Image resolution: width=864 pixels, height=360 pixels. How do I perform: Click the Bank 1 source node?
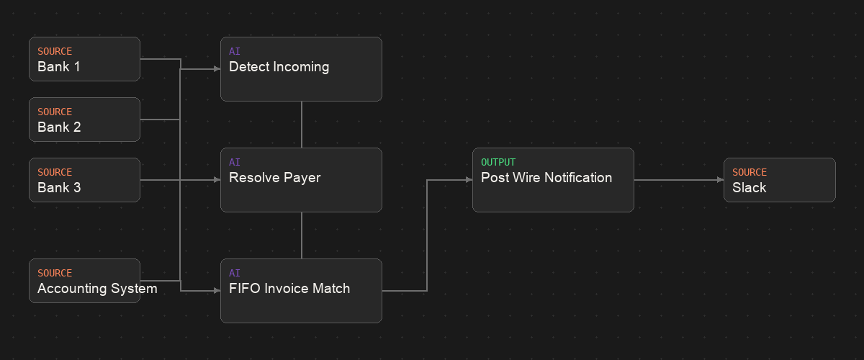coord(84,59)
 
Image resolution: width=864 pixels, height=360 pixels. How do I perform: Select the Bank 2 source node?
coord(84,120)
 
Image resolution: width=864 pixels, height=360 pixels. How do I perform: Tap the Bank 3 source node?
coord(84,180)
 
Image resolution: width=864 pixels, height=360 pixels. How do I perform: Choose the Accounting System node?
coord(84,281)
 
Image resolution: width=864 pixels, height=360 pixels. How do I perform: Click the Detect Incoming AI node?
coord(301,69)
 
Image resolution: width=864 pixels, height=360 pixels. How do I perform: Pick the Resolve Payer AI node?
coord(301,180)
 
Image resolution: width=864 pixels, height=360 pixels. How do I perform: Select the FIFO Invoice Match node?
coord(301,291)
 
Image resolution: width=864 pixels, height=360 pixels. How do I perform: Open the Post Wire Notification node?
coord(553,180)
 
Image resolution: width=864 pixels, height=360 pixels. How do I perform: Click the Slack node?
coord(780,180)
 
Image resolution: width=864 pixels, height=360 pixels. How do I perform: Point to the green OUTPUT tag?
coord(498,162)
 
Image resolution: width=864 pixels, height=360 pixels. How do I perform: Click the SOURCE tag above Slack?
coord(750,172)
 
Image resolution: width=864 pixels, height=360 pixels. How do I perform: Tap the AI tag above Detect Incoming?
coord(235,51)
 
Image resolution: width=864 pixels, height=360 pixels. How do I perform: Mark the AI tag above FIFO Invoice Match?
coord(235,273)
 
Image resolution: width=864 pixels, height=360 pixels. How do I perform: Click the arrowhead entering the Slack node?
coord(721,180)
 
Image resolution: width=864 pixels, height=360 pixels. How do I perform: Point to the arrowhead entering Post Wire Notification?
coord(469,180)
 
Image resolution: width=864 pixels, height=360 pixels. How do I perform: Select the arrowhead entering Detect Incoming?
coord(217,69)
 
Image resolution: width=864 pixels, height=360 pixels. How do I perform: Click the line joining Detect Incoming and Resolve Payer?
coord(302,125)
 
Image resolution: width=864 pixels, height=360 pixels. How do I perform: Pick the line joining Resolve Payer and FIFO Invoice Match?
coord(302,235)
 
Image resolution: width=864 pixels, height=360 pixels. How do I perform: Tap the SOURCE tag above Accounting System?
coord(55,273)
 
